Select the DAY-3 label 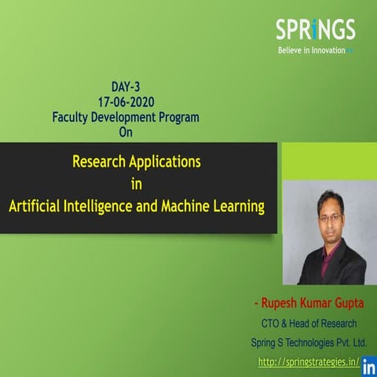point(126,89)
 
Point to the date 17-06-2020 point(126,103)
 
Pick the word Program point(176,117)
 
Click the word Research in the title point(99,163)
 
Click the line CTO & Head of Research point(309,323)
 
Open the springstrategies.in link point(309,362)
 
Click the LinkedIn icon point(368,366)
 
